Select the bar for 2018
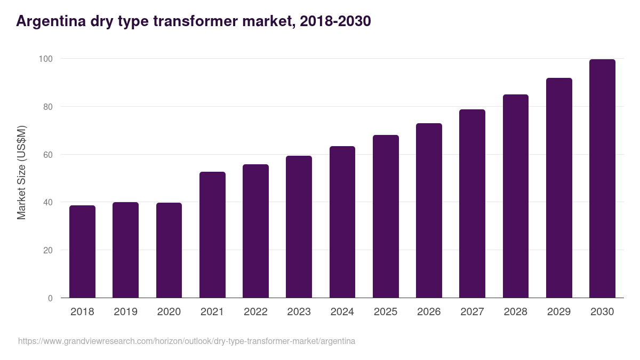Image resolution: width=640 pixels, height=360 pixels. click(x=82, y=252)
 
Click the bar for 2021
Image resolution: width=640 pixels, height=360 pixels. click(x=212, y=235)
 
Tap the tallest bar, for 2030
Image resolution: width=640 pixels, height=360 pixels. click(x=602, y=179)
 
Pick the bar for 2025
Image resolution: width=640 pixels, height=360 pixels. click(x=386, y=217)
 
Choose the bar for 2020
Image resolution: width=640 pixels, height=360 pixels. click(x=169, y=250)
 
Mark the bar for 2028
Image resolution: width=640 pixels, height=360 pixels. click(x=516, y=196)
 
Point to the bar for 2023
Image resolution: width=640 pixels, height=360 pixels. click(x=299, y=227)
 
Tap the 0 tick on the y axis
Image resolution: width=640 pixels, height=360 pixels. click(x=50, y=298)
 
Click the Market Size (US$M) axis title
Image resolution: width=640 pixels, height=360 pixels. click(x=22, y=172)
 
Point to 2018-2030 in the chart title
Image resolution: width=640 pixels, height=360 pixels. click(x=335, y=21)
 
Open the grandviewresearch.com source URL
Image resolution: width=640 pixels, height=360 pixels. click(x=187, y=341)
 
